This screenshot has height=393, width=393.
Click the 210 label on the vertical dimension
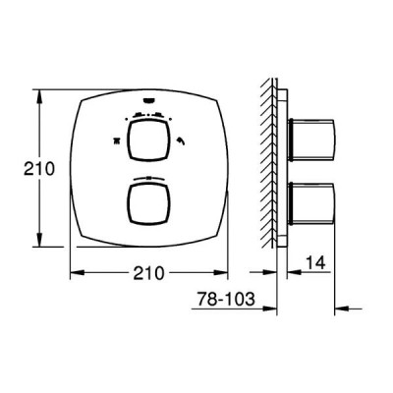(38, 169)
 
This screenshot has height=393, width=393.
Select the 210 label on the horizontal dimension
(148, 272)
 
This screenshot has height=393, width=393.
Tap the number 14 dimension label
(315, 263)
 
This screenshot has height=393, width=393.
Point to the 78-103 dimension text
(226, 299)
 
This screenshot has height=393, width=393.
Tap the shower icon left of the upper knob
(116, 140)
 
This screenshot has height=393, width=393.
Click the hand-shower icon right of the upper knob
(181, 140)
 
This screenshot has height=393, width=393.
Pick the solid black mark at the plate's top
(149, 100)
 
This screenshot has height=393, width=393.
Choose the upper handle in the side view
(310, 140)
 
